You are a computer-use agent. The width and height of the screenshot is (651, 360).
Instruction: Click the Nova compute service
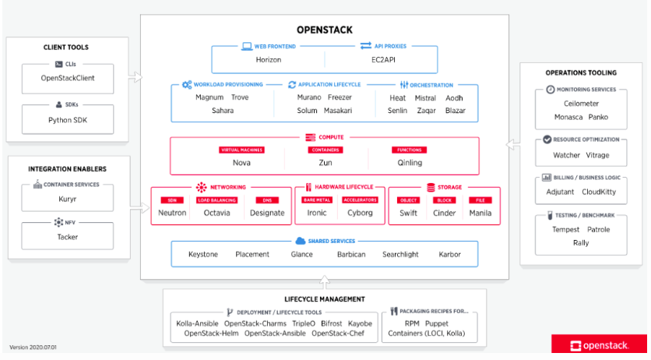point(241,163)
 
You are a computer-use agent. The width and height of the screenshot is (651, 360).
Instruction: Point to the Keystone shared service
point(203,254)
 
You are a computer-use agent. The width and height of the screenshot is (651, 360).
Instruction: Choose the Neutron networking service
point(172,213)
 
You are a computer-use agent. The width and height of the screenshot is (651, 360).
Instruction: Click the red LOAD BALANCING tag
point(217,199)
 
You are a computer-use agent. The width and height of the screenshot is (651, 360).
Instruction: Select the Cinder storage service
point(445,213)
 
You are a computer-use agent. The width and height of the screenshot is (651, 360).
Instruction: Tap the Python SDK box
point(67,119)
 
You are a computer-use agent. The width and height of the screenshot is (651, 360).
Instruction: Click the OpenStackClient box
point(67,78)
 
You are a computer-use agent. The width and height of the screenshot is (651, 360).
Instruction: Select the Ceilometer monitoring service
point(581,104)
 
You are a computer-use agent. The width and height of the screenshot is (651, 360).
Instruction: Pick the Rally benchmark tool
point(581,242)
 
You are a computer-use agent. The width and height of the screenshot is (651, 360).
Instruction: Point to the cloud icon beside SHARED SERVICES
point(301,241)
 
